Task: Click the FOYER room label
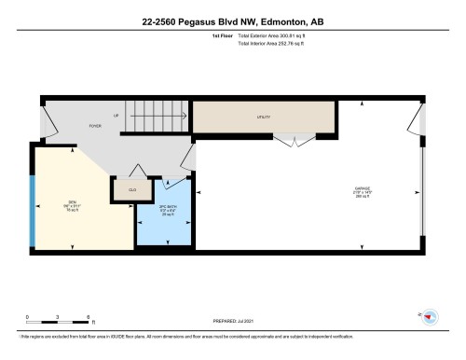pyautogui.click(x=95, y=124)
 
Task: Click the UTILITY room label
pyautogui.click(x=263, y=118)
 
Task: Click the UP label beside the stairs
pyautogui.click(x=116, y=116)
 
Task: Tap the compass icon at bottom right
pyautogui.click(x=429, y=316)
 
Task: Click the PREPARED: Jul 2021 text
pyautogui.click(x=233, y=323)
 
